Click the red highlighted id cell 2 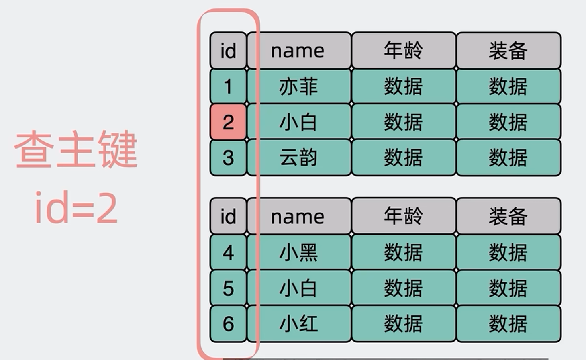coord(228,122)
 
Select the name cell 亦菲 coord(299,86)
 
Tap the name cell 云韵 coord(299,157)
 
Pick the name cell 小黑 coord(299,252)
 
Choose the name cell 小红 coord(299,323)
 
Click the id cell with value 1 coord(228,86)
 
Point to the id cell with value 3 coord(228,157)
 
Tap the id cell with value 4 coord(228,252)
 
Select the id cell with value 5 coord(228,288)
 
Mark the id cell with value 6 coord(228,323)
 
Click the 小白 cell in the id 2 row coord(299,122)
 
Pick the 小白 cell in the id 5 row coord(299,288)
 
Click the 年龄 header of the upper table coord(404,51)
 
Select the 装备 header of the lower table coord(508,216)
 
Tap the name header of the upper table coord(299,51)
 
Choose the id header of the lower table coord(228,216)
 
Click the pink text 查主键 coord(76,149)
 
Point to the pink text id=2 coord(76,208)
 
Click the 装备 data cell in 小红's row coord(508,323)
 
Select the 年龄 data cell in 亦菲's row coord(404,86)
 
